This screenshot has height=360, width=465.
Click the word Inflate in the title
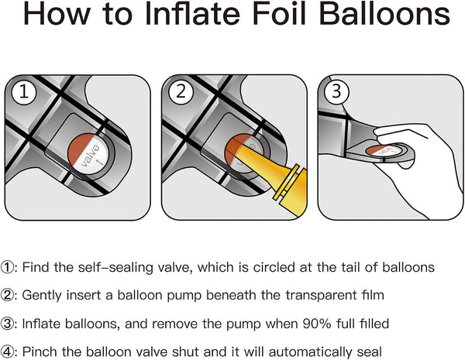193,14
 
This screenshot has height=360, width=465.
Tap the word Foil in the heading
281,14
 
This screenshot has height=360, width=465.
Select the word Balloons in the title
385,14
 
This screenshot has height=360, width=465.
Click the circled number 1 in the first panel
24,91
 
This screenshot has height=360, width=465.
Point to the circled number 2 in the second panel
181,91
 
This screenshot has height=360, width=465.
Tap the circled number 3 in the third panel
336,91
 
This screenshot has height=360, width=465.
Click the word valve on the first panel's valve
90,156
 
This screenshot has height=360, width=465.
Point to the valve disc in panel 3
384,150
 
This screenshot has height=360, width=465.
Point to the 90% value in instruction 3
316,324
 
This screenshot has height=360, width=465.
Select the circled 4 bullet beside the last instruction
7,352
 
